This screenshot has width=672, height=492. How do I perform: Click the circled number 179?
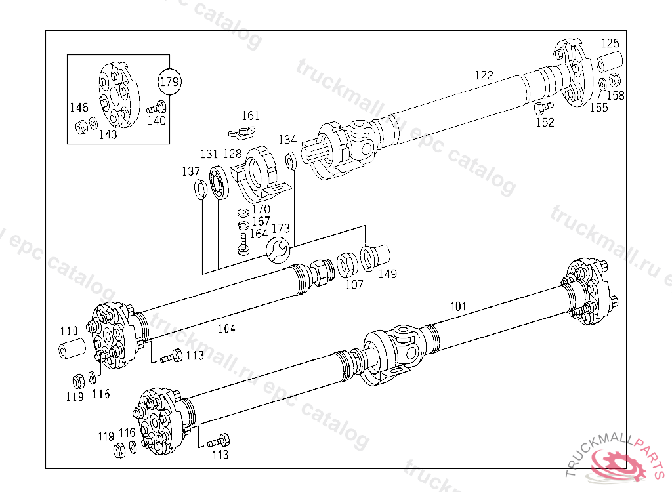[170, 81]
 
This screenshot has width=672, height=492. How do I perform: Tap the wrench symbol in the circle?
[278, 250]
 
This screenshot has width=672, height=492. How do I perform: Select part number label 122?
[484, 75]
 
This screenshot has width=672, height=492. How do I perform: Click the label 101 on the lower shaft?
[458, 306]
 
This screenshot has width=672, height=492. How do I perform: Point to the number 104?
[226, 329]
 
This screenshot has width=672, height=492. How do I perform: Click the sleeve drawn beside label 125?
[610, 61]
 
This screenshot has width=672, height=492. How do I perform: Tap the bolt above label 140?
[156, 107]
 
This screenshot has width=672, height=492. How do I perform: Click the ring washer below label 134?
[290, 161]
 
